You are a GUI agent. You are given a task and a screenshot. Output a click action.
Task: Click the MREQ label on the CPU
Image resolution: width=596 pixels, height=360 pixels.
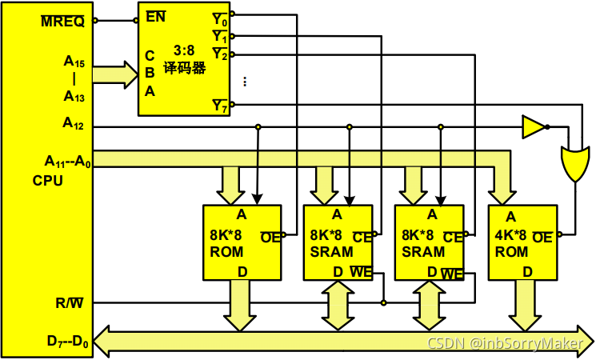coord(62,21)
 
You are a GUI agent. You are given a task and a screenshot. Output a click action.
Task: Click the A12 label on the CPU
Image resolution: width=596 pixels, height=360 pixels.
coord(73,124)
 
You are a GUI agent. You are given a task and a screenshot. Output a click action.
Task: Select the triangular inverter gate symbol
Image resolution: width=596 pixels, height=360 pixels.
coord(532,126)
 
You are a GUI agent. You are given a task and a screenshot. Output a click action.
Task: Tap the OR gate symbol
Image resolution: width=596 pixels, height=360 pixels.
coord(574,163)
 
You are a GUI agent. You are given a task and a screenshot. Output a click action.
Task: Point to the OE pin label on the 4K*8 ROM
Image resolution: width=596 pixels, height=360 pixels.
coord(542,236)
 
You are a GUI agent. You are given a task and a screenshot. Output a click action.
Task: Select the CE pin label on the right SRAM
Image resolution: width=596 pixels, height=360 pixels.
coord(452,236)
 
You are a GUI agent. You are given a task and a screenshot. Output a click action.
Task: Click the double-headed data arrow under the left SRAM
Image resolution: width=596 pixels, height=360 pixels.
coord(334,304)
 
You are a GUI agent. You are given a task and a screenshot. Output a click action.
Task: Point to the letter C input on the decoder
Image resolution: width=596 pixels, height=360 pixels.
coord(150,55)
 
